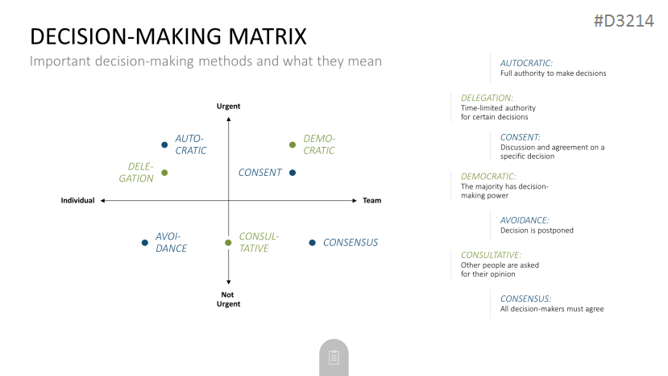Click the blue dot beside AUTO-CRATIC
tap(164, 144)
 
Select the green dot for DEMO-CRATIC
tap(293, 144)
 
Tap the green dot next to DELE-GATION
tap(164, 173)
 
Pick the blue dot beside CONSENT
tap(293, 173)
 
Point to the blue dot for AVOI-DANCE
tap(145, 243)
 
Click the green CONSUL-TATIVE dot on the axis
tap(228, 243)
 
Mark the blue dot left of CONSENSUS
tap(313, 243)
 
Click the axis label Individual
tap(77, 201)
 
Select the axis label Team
tap(372, 201)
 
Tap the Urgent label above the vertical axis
tap(228, 107)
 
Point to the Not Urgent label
tap(228, 299)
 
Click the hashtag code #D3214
tap(624, 20)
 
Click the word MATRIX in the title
tap(268, 36)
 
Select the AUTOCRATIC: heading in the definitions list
tap(526, 63)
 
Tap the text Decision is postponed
tap(537, 231)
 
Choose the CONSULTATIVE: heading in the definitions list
tap(492, 255)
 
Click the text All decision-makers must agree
tap(552, 309)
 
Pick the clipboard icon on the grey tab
tap(334, 357)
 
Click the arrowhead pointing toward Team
tap(355, 201)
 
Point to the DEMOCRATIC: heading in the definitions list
tap(488, 176)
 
